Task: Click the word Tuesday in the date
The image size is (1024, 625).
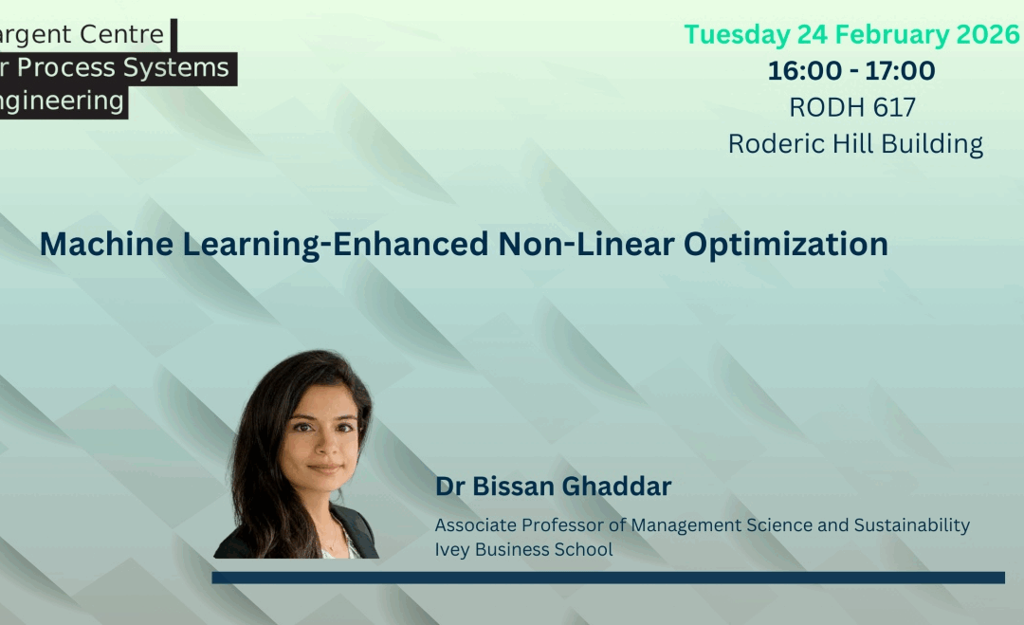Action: (724, 35)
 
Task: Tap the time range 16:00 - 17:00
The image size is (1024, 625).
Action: (851, 71)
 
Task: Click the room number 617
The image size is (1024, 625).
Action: (894, 107)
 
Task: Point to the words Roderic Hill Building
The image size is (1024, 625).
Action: (855, 144)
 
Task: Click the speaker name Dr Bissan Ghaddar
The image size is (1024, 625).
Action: (553, 487)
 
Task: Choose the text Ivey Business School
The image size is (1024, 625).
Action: (523, 549)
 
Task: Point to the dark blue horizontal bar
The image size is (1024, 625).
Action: (608, 578)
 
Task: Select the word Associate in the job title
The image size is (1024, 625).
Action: (473, 525)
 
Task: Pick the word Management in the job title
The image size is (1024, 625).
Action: (679, 525)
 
